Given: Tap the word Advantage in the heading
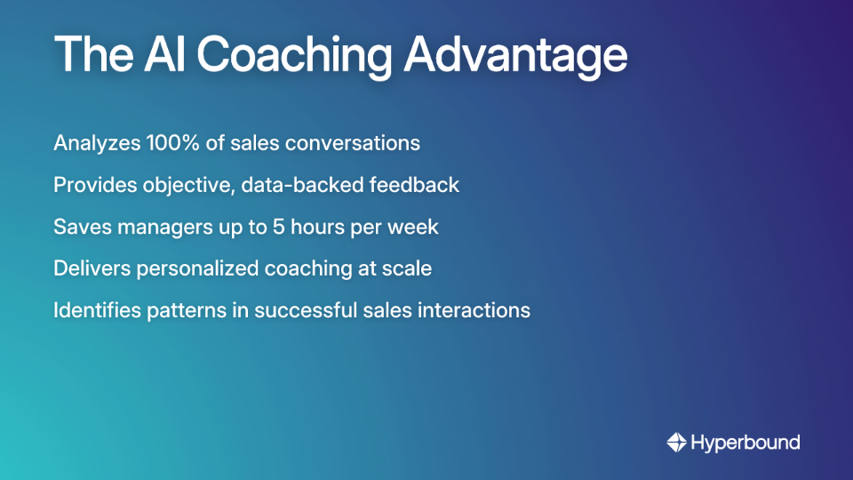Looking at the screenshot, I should (515, 55).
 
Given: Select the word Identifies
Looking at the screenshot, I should (92, 310).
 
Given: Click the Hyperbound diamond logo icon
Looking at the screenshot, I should (676, 442).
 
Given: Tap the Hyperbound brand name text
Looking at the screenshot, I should (745, 442).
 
